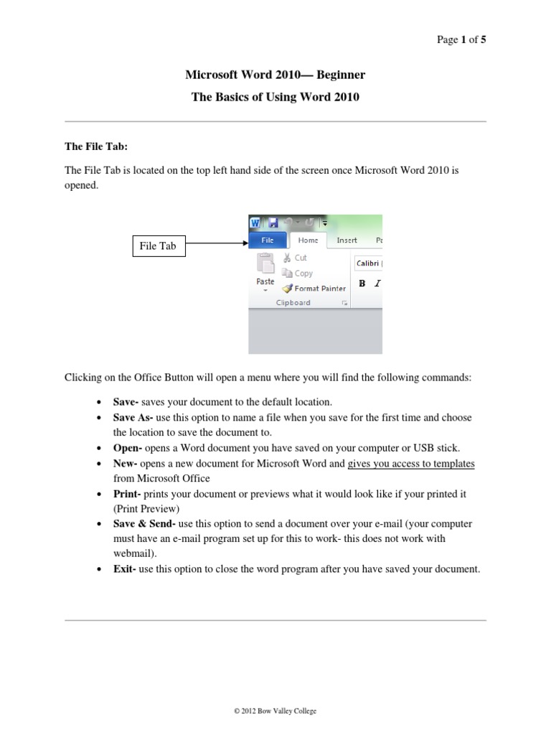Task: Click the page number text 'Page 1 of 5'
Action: [461, 40]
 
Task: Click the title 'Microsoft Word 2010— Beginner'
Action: [275, 74]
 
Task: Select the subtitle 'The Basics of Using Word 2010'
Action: [275, 97]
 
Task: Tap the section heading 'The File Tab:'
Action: [96, 146]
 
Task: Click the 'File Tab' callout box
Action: [158, 246]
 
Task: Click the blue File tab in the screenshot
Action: [267, 241]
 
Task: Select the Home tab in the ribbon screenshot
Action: [308, 241]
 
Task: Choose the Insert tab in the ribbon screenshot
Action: [347, 241]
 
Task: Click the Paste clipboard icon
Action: [265, 266]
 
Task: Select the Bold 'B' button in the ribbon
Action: [362, 284]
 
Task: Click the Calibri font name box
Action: [368, 263]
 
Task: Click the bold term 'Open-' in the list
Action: [128, 449]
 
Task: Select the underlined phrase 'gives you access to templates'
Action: [411, 464]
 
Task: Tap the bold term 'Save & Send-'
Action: [143, 523]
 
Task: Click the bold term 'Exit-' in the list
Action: [126, 569]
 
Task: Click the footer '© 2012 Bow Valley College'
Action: [275, 711]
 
